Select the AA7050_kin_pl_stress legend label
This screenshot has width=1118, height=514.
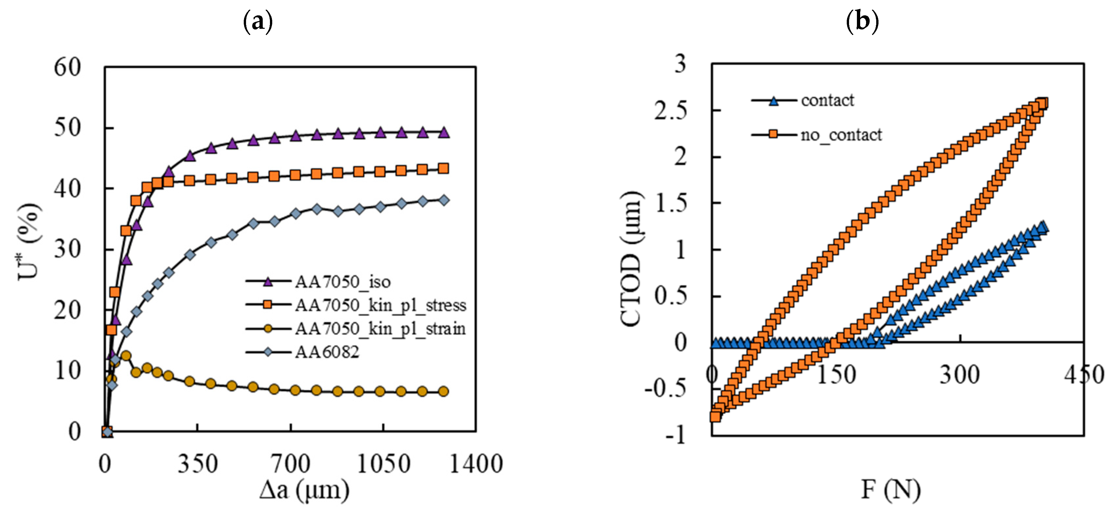pos(381,306)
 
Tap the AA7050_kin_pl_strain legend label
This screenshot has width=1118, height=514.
pos(380,328)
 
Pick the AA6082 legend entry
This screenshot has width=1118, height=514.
pos(327,352)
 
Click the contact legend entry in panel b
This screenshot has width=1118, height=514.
pos(827,101)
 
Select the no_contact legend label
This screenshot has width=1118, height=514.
pos(841,135)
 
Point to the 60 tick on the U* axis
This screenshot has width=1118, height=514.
pos(67,68)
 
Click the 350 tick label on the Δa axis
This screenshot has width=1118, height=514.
pos(198,464)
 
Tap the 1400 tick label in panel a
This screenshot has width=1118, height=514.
pos(476,464)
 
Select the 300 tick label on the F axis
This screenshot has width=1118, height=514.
pos(960,375)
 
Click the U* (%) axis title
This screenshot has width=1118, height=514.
pos(29,241)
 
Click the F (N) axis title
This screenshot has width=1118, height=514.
pos(891,490)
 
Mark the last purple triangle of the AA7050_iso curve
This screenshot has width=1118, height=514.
pos(443,133)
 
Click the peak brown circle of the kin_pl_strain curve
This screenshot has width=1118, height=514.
pos(126,356)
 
